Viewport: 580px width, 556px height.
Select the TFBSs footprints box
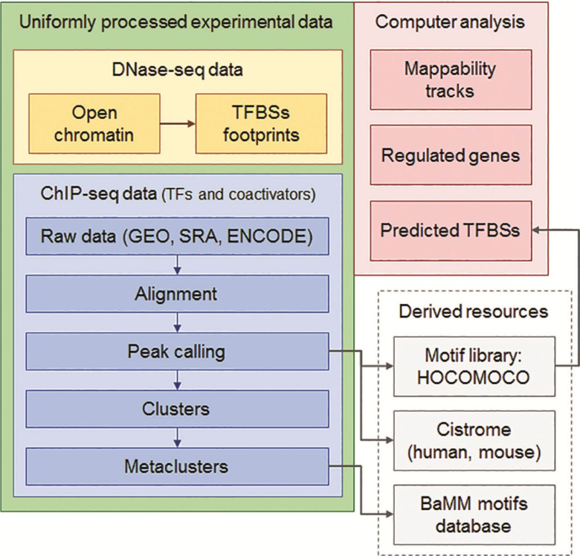pyautogui.click(x=261, y=124)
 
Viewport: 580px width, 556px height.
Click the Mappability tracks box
pyautogui.click(x=450, y=80)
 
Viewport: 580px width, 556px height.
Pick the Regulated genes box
pyautogui.click(x=450, y=155)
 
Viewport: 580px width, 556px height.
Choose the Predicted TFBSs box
pyautogui.click(x=450, y=230)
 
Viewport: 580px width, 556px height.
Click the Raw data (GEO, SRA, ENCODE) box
pyautogui.click(x=177, y=236)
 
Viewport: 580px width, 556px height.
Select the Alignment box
pyautogui.click(x=177, y=294)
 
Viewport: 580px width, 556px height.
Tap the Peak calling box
pyautogui.click(x=177, y=351)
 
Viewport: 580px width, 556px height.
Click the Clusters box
pyautogui.click(x=177, y=409)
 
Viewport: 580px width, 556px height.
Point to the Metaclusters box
pyautogui.click(x=177, y=466)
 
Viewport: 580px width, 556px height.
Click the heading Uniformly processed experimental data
pyautogui.click(x=176, y=22)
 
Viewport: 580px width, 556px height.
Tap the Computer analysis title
pyautogui.click(x=450, y=22)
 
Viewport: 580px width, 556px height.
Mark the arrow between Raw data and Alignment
pyautogui.click(x=177, y=265)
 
